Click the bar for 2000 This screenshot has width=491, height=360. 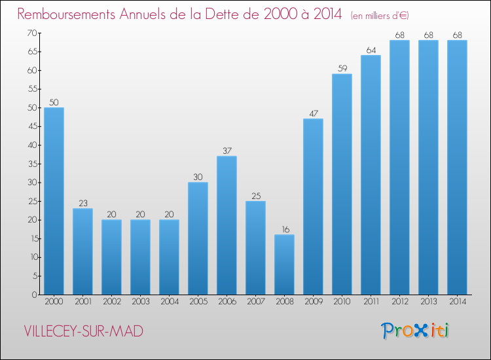pos(54,201)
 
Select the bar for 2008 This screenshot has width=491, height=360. pos(284,264)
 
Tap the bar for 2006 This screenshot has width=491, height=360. pos(227,225)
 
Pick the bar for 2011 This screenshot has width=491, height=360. pos(371,175)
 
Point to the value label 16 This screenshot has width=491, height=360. pos(284,228)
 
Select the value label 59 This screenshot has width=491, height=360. pos(342,68)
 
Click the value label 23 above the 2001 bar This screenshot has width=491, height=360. pos(82,202)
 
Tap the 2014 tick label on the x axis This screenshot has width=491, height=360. pos(457,302)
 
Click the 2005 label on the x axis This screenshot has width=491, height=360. pos(198,302)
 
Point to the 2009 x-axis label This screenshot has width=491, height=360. pos(313,302)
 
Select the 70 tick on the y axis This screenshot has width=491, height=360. pos(31,33)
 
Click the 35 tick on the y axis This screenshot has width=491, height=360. pos(31,164)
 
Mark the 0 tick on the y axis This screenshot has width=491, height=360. pos(33,295)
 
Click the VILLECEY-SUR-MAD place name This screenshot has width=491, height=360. pos(83,332)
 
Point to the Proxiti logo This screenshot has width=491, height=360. pos(415,331)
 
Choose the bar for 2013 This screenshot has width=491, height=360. pos(428,168)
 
